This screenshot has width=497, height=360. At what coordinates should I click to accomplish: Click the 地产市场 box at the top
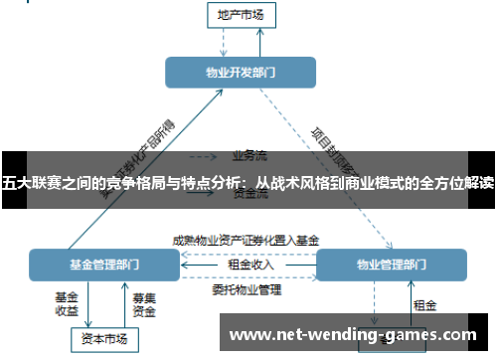coord(240,15)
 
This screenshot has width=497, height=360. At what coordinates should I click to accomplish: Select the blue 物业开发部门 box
coord(240,73)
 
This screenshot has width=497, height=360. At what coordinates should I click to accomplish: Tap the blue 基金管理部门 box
coord(104,266)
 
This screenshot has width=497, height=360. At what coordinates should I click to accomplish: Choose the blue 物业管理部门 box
coord(391,266)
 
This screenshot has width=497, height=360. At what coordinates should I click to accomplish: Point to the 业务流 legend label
coord(249,155)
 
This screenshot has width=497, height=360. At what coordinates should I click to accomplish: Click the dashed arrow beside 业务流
coord(205,156)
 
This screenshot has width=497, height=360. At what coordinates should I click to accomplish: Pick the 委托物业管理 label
coord(247,290)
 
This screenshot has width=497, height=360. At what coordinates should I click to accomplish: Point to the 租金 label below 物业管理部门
coord(424,304)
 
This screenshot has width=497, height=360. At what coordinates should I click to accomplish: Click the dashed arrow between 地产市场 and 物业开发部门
coord(227,41)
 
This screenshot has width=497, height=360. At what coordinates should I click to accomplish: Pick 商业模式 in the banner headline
coord(356,182)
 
